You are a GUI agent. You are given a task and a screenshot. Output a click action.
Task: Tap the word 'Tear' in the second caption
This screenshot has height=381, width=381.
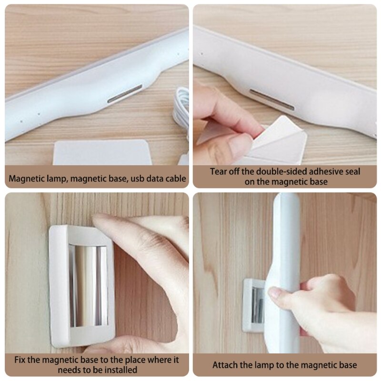[219, 171]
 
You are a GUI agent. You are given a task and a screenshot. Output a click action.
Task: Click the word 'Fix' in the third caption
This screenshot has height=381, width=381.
[20, 360]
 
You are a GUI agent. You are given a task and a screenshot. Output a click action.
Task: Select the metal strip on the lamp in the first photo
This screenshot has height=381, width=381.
[125, 93]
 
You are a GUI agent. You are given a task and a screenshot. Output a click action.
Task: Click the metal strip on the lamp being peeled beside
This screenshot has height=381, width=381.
[271, 100]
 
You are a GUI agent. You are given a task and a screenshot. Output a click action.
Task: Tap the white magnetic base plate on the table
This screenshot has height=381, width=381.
[102, 152]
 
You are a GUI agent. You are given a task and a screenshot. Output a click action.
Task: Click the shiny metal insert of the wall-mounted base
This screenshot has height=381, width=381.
[88, 286]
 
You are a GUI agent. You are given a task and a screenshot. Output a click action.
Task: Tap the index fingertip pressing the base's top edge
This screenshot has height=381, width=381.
[99, 220]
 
